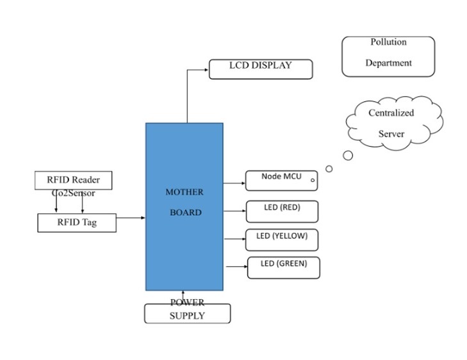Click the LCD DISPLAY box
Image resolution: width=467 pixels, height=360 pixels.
click(x=261, y=69)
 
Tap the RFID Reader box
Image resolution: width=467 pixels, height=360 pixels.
click(x=73, y=180)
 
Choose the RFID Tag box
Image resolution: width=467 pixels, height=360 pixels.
click(x=77, y=223)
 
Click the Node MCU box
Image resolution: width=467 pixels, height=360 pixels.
click(x=282, y=181)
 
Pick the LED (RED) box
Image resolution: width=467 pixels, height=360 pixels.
click(x=282, y=211)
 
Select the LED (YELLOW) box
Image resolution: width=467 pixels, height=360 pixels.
click(x=282, y=240)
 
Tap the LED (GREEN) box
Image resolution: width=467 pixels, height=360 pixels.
click(x=283, y=267)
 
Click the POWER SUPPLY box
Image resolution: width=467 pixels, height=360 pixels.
click(x=187, y=313)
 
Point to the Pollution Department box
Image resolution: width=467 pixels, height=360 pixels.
click(x=388, y=56)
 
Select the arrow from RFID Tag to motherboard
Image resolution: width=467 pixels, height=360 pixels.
click(x=131, y=218)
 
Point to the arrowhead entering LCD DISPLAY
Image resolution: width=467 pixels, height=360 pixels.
click(x=206, y=69)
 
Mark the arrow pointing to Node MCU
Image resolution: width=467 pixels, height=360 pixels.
click(x=234, y=184)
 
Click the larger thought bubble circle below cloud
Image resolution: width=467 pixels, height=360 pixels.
click(x=348, y=155)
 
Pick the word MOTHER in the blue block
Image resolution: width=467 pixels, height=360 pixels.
click(x=184, y=192)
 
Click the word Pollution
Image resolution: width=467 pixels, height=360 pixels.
click(x=388, y=42)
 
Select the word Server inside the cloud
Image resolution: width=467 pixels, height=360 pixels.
click(x=391, y=134)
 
